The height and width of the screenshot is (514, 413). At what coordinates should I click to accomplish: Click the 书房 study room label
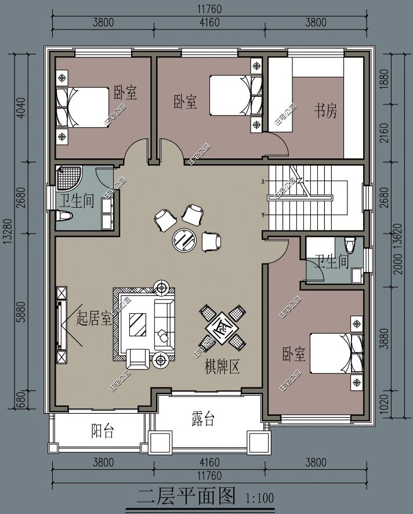coord(325,110)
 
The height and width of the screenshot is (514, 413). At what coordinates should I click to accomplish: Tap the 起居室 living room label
coord(93,318)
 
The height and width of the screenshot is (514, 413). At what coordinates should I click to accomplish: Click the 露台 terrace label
coord(202,419)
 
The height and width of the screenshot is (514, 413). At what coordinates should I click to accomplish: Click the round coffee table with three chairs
coord(185,239)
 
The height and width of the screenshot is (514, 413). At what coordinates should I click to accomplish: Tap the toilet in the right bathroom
coord(349,243)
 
